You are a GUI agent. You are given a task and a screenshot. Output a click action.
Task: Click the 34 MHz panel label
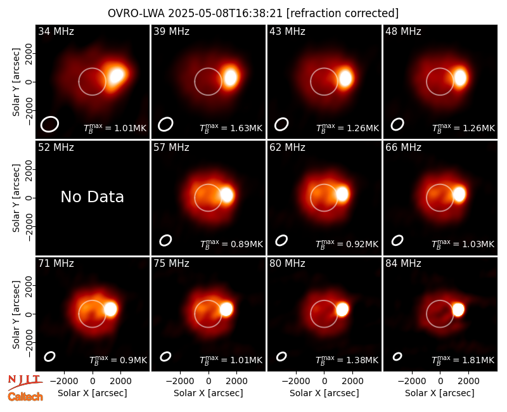click(x=56, y=31)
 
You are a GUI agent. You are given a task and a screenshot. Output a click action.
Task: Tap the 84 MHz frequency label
click(x=403, y=264)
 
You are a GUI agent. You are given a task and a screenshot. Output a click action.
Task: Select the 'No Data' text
click(x=92, y=197)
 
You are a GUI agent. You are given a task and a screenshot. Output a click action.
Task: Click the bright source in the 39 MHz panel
click(x=231, y=77)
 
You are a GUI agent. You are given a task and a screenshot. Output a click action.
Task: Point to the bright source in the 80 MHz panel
click(x=342, y=309)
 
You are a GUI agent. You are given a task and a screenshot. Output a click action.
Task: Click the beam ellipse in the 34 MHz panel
click(x=49, y=124)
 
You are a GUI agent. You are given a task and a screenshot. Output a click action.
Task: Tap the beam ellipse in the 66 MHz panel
click(x=397, y=240)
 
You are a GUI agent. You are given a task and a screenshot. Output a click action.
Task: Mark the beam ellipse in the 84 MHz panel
click(x=397, y=356)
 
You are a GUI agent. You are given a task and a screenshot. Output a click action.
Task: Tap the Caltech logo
click(x=25, y=397)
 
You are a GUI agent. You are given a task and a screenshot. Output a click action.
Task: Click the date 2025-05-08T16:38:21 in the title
click(x=225, y=13)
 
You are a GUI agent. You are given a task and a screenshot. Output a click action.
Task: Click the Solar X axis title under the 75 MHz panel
click(x=209, y=393)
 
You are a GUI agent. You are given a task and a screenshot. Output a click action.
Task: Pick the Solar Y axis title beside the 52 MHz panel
click(x=16, y=198)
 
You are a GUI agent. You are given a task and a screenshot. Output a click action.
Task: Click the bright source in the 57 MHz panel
click(x=227, y=195)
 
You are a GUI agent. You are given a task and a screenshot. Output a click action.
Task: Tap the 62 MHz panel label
click(x=288, y=148)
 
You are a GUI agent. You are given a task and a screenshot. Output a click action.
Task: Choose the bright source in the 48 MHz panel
click(x=461, y=78)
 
